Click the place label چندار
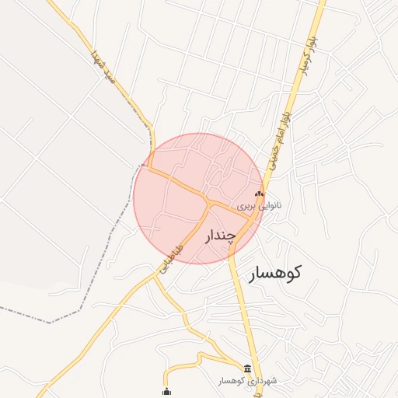[x=220, y=236]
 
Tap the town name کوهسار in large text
[x=275, y=273]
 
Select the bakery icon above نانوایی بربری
[x=260, y=194]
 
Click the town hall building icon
[x=248, y=368]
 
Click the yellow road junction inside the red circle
[x=211, y=204]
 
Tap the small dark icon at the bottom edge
[x=166, y=391]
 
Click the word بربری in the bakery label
[x=246, y=208]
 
